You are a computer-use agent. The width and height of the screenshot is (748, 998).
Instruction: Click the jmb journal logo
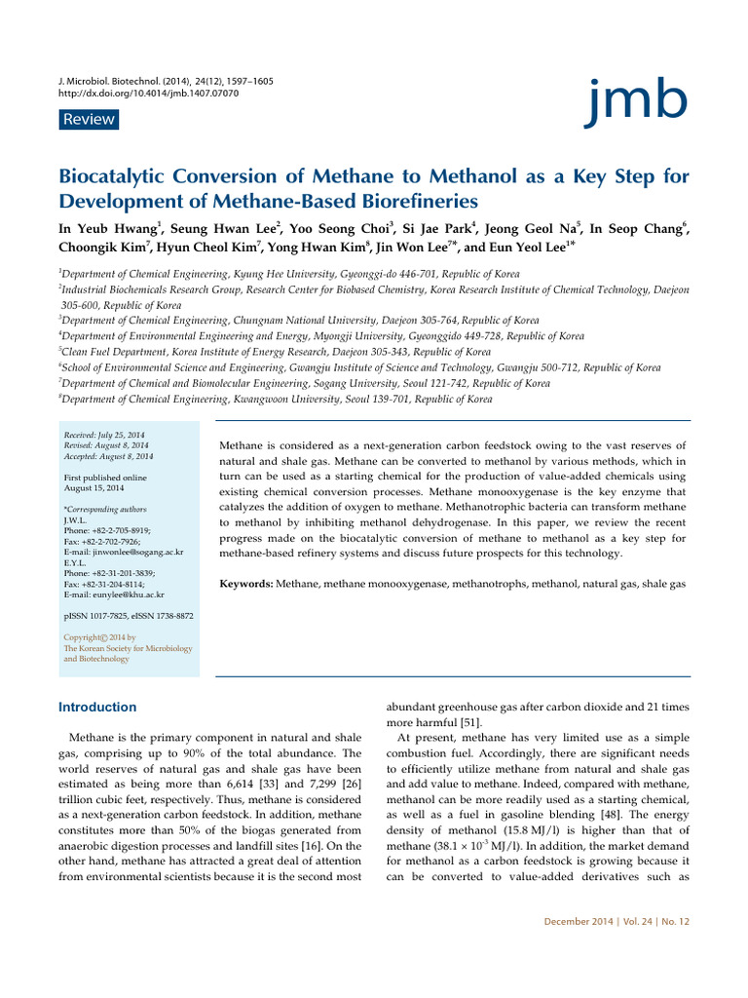click(637, 100)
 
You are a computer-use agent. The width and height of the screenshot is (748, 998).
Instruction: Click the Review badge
click(88, 120)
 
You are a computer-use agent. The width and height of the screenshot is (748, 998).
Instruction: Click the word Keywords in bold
click(246, 583)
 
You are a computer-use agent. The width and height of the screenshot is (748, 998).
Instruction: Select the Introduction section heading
click(98, 707)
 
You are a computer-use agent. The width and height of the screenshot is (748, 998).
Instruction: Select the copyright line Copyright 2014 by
click(100, 637)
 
